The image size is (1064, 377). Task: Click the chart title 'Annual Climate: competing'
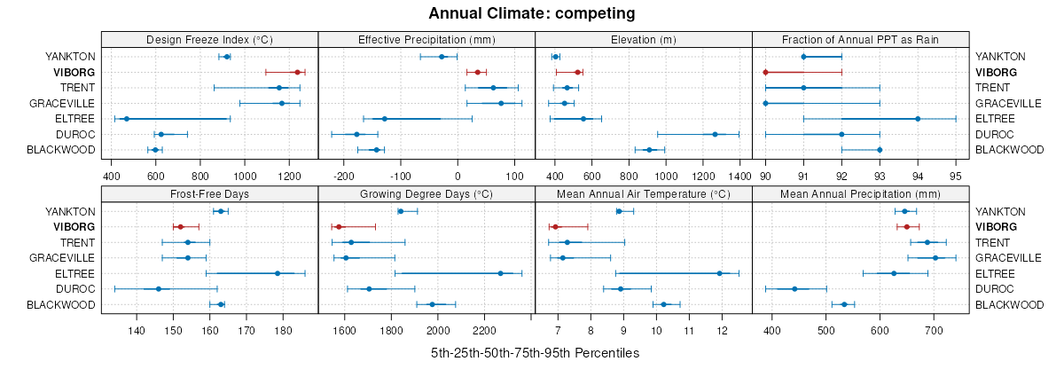(x=532, y=13)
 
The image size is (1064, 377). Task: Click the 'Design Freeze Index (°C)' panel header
(x=209, y=39)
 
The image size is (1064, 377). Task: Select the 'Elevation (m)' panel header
(x=644, y=39)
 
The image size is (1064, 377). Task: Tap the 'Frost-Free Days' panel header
(x=209, y=193)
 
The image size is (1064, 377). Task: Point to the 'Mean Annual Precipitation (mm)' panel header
(x=860, y=193)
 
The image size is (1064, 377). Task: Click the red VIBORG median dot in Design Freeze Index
(x=297, y=72)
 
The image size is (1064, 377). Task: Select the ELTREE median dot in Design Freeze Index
(x=126, y=119)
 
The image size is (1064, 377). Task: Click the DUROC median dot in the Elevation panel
(x=715, y=134)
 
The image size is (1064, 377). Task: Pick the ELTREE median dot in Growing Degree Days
(x=500, y=273)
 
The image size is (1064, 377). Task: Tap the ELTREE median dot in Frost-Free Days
(x=278, y=273)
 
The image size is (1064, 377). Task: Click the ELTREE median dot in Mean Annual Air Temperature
(x=719, y=273)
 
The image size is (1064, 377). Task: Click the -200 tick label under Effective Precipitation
(x=343, y=164)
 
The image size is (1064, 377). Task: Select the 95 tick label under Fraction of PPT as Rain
(x=956, y=164)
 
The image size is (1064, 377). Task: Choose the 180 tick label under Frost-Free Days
(x=283, y=331)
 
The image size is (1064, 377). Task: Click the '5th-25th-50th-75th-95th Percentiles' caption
(x=535, y=353)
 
